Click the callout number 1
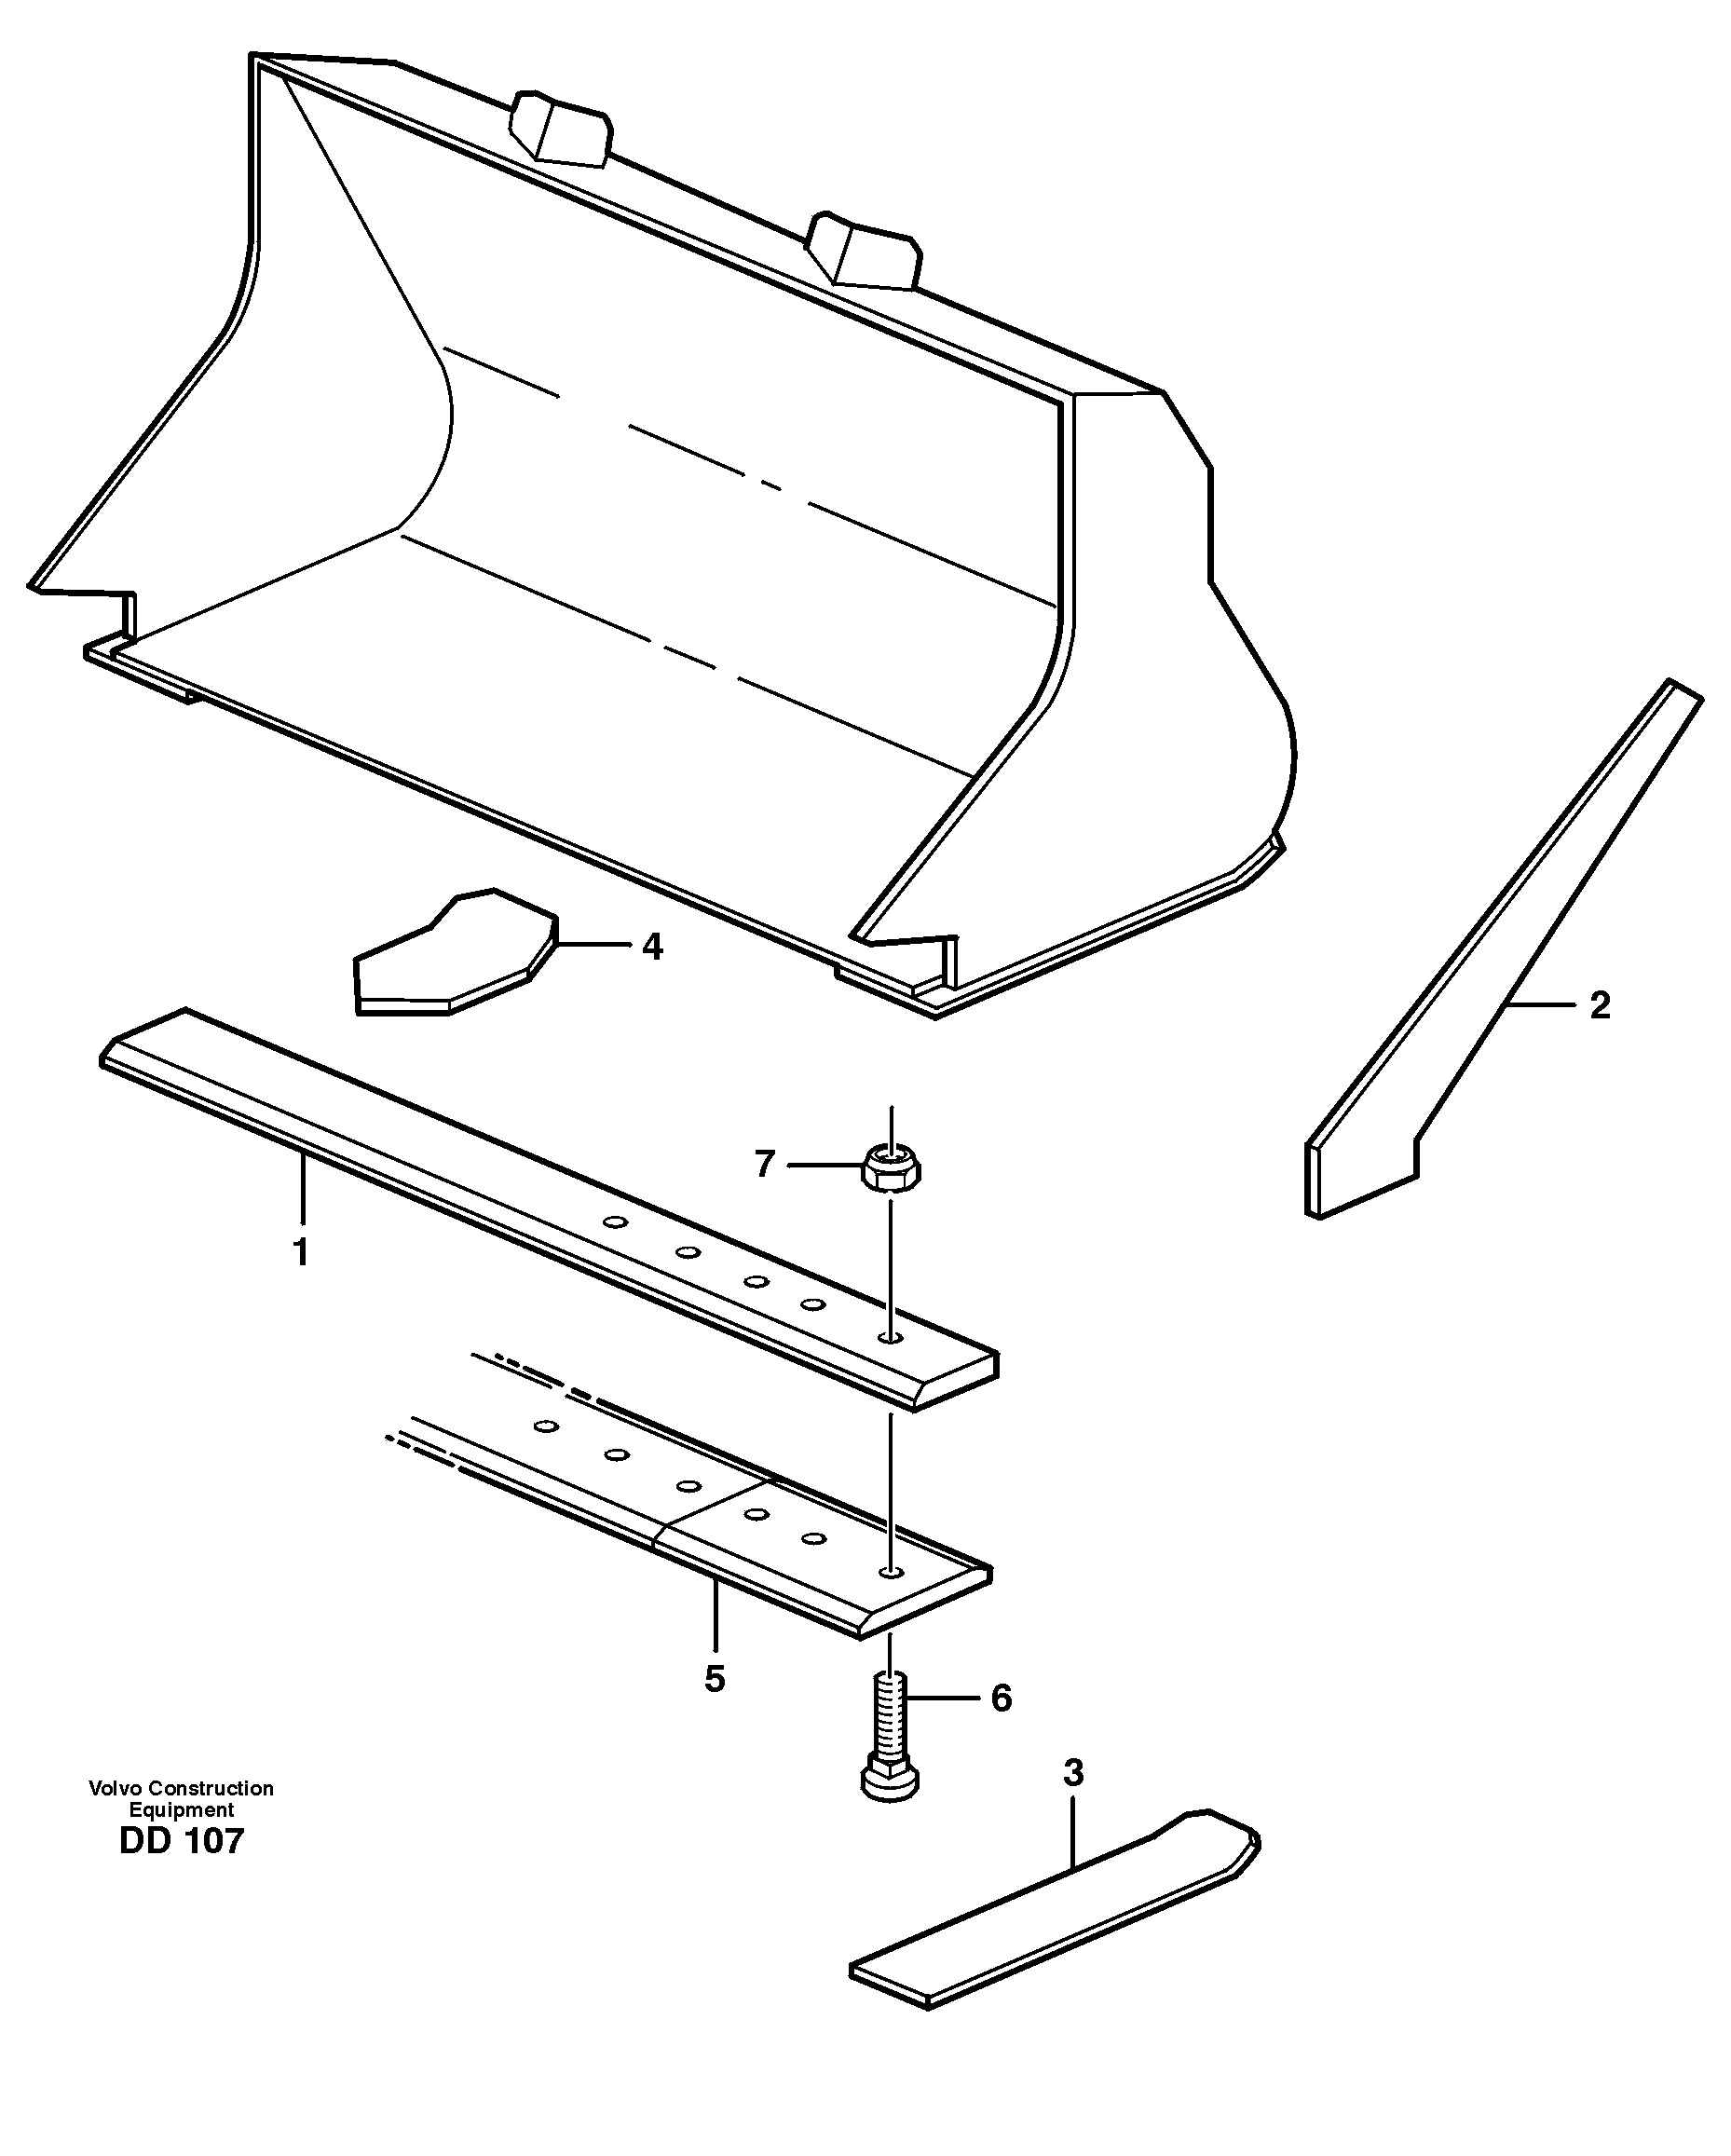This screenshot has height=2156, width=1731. tap(300, 1252)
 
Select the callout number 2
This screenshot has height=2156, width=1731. tap(1600, 1005)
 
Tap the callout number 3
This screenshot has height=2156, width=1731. tap(1073, 1773)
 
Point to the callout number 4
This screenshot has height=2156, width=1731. tap(652, 946)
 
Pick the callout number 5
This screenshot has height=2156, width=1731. tap(714, 1679)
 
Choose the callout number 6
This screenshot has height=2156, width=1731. tap(1001, 1698)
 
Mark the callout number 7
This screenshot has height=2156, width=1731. tap(764, 1164)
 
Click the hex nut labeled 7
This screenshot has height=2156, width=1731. tap(891, 1168)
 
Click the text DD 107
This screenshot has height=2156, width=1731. tap(181, 1841)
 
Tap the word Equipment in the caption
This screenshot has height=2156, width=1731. tap(181, 1809)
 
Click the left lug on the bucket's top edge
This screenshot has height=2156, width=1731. tap(560, 127)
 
